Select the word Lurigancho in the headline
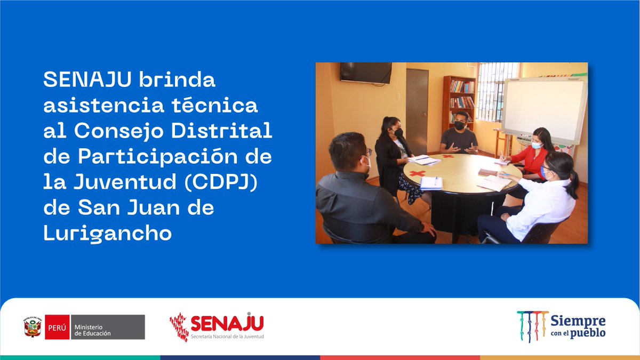coord(108,233)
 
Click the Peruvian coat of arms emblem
coord(33,326)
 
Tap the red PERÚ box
coord(57,327)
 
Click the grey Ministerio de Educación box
coord(107,327)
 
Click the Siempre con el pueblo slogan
coord(578,326)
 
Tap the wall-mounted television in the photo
coord(366,73)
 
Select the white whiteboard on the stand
coord(543,109)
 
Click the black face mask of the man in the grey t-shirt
coord(459,126)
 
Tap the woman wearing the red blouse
coord(530,155)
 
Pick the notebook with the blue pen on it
coord(431,183)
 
